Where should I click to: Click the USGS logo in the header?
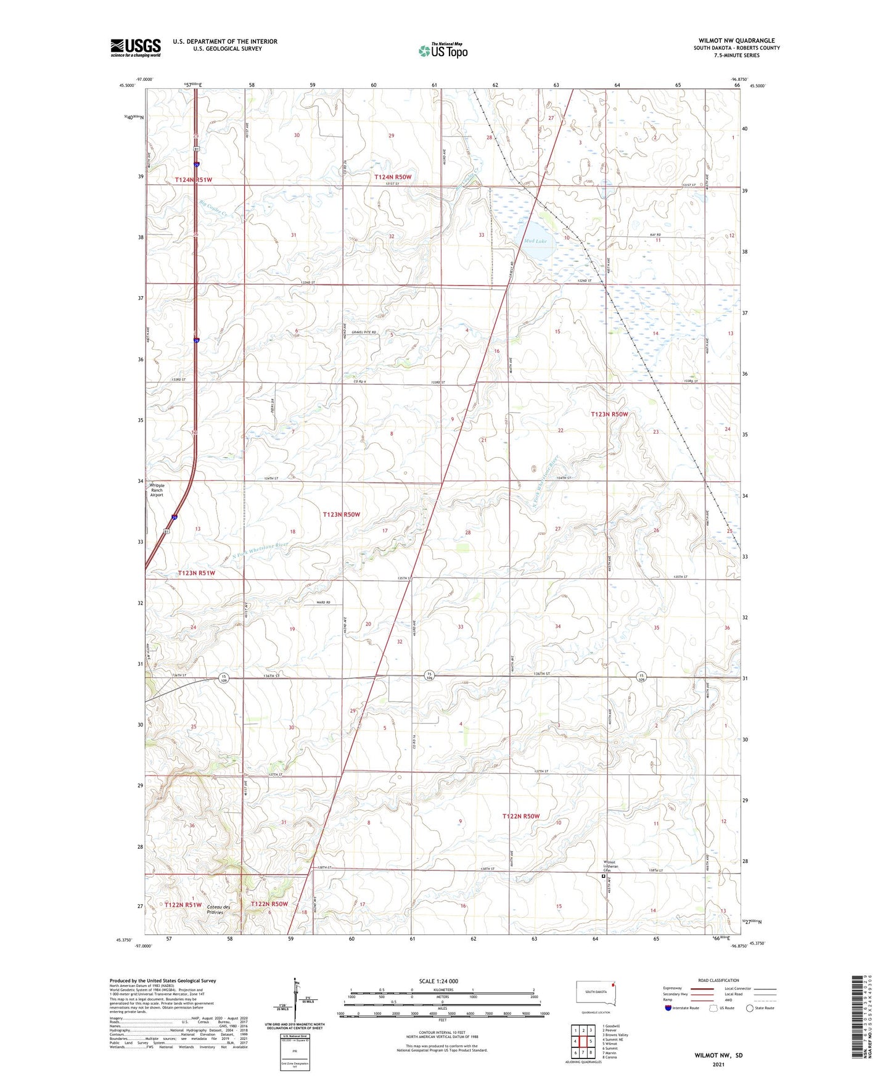(136, 47)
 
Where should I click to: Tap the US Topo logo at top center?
(443, 50)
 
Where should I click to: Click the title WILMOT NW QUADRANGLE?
(736, 41)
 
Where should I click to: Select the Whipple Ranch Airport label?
(157, 490)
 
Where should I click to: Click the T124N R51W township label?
(193, 179)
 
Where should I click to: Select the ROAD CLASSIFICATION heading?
(718, 980)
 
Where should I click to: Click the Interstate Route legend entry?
(681, 1008)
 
